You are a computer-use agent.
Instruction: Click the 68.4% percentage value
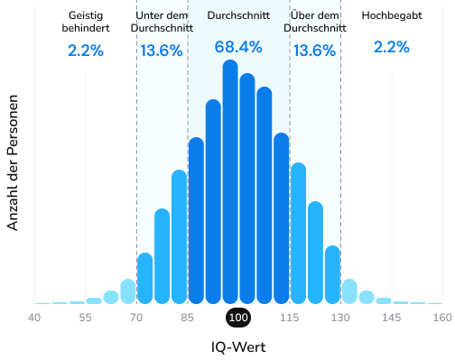pyautogui.click(x=238, y=47)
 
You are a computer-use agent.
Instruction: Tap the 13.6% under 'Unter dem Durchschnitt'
pyautogui.click(x=162, y=51)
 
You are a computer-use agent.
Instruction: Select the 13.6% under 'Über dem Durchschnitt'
pyautogui.click(x=315, y=51)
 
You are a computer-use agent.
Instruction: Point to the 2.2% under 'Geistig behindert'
pyautogui.click(x=86, y=51)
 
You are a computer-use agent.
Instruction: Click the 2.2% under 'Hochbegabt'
pyautogui.click(x=391, y=47)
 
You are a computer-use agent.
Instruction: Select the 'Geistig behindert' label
pyautogui.click(x=86, y=22)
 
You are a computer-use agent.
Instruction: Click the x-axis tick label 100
pyautogui.click(x=237, y=318)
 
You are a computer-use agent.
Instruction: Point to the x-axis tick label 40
pyautogui.click(x=34, y=318)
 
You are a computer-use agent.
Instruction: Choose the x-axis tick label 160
pyautogui.click(x=441, y=318)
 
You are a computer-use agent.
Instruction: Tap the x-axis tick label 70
pyautogui.click(x=136, y=318)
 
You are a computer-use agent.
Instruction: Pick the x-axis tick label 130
pyautogui.click(x=339, y=318)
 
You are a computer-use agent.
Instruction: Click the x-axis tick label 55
pyautogui.click(x=86, y=318)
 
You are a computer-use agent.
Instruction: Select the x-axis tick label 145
pyautogui.click(x=391, y=318)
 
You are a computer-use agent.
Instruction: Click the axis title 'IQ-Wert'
pyautogui.click(x=237, y=346)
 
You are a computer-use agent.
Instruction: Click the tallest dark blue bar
pyautogui.click(x=230, y=180)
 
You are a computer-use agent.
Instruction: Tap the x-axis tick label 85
pyautogui.click(x=187, y=318)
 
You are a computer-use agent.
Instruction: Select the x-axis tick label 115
pyautogui.click(x=289, y=318)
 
